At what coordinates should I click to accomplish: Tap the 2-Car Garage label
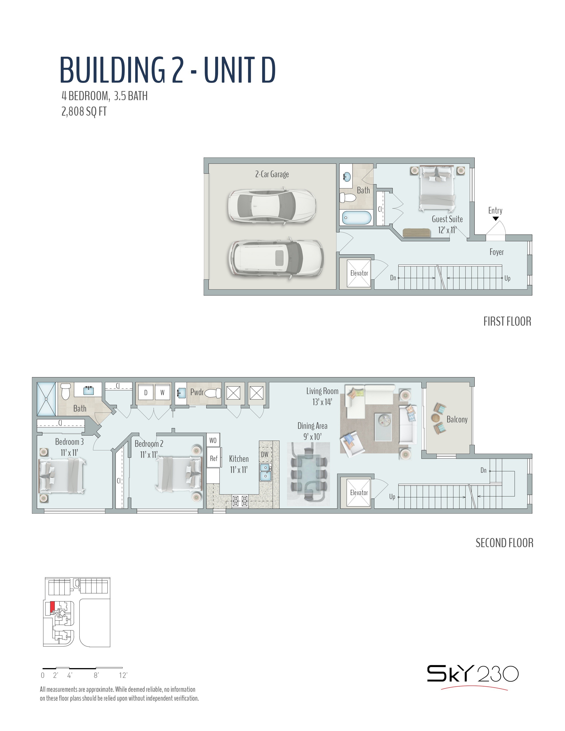(272, 174)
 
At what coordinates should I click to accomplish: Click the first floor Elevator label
(359, 273)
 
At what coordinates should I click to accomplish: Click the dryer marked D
(146, 393)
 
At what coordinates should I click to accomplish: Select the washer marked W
(162, 393)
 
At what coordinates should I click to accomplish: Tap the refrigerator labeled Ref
(214, 458)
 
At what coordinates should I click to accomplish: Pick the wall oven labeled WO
(213, 440)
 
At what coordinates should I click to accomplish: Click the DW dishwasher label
(264, 454)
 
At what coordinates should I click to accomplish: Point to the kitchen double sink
(265, 472)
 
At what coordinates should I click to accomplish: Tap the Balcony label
(457, 419)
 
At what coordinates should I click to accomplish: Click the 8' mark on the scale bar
(96, 675)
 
